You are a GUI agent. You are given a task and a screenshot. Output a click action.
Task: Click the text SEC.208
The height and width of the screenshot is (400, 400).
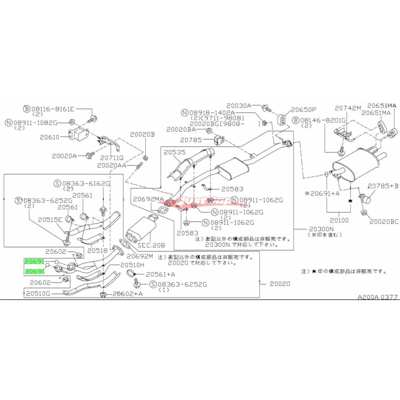pyautogui.click(x=151, y=245)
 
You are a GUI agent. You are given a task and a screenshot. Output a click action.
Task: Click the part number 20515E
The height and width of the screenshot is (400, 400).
pyautogui.click(x=50, y=220)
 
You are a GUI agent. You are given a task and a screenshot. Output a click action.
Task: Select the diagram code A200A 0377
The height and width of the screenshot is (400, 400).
pyautogui.click(x=378, y=297)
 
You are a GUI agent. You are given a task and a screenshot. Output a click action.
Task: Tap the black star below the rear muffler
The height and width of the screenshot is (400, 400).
pyautogui.click(x=350, y=200)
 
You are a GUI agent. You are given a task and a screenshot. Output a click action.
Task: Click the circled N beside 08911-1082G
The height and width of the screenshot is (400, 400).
pyautogui.click(x=8, y=123)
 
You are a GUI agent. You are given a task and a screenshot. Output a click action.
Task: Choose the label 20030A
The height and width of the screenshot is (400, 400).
pyautogui.click(x=238, y=105)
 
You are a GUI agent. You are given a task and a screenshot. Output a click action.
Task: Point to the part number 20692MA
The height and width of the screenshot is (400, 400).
pyautogui.click(x=148, y=199)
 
